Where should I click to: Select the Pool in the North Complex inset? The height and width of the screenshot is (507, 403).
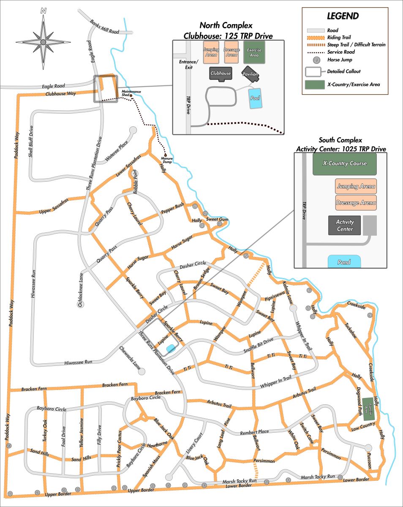255,98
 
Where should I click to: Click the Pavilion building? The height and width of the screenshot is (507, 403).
250,74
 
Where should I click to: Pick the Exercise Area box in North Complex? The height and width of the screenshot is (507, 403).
254,52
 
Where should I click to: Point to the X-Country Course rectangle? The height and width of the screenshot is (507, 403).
344,164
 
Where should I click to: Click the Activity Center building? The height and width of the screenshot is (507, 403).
345,225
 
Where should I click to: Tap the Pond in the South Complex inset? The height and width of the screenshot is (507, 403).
344,262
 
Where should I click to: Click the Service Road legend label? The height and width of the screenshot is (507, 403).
341,52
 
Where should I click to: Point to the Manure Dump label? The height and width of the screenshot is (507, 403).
167,159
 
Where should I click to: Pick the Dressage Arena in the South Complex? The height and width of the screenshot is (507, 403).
356,203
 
